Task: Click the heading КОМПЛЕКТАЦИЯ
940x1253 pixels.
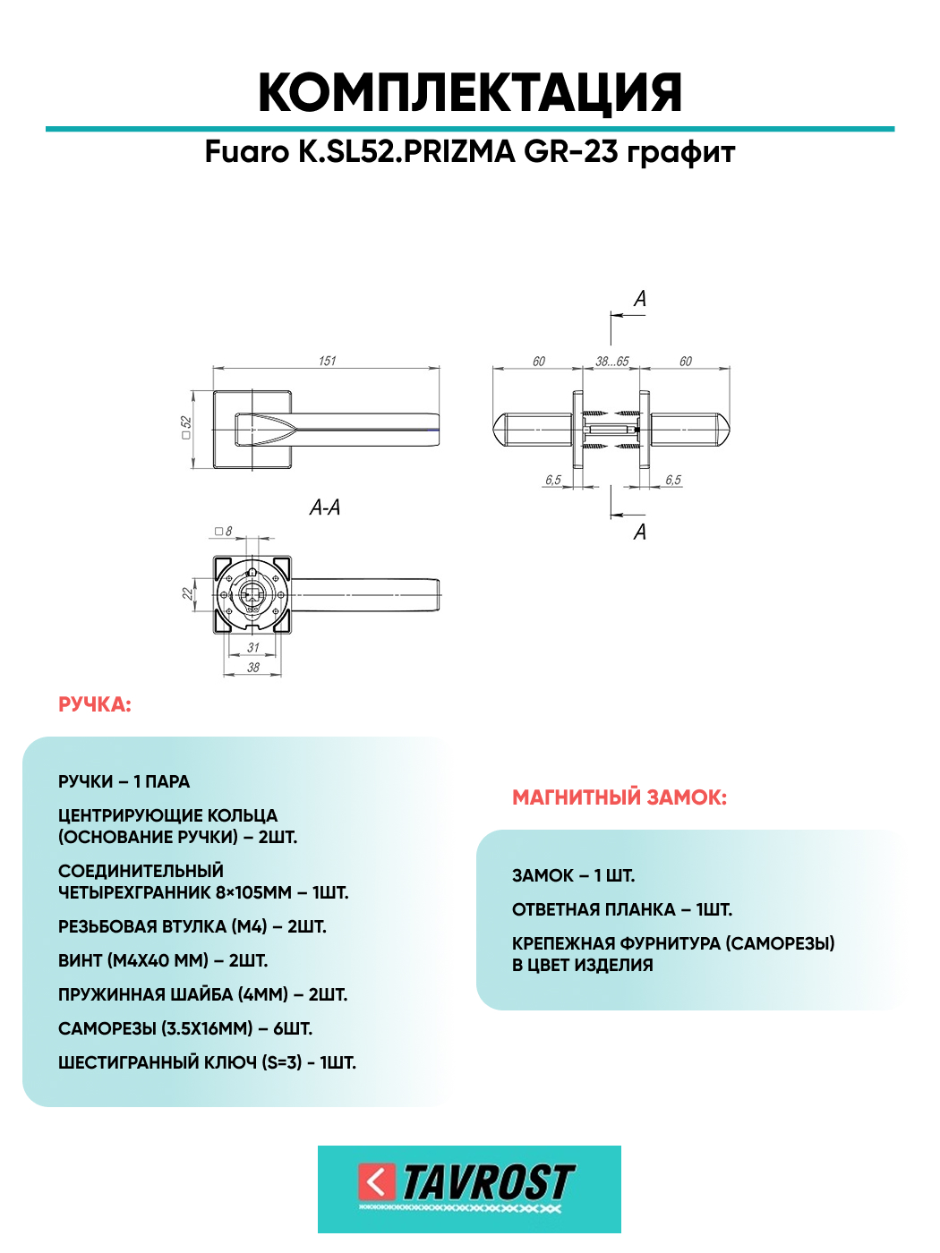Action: (x=470, y=93)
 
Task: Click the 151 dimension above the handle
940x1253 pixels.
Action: (x=327, y=361)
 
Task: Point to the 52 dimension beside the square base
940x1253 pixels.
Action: (x=186, y=427)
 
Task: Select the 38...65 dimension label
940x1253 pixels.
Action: (x=612, y=362)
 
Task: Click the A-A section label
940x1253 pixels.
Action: (x=324, y=507)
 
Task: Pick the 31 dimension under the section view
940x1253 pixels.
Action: (x=253, y=647)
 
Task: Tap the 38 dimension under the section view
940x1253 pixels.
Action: (x=253, y=667)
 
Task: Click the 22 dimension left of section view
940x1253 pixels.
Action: (x=187, y=593)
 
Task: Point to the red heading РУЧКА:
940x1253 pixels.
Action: (x=95, y=705)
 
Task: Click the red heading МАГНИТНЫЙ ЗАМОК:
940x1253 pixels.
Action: (x=620, y=797)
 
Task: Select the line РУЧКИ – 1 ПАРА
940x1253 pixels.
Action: (x=124, y=782)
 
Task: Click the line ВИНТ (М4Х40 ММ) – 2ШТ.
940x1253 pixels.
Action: (x=163, y=961)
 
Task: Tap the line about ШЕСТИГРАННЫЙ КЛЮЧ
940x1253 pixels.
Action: (x=207, y=1063)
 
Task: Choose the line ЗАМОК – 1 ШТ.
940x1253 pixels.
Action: (x=573, y=876)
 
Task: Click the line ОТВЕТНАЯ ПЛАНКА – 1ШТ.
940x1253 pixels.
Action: (x=622, y=910)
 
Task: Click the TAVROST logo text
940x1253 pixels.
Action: (x=488, y=1182)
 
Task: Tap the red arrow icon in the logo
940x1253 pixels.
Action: (x=376, y=1182)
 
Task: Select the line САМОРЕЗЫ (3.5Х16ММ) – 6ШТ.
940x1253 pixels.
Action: (x=185, y=1029)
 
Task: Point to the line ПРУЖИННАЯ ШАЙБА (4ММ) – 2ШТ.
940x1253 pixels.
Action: (x=202, y=995)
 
